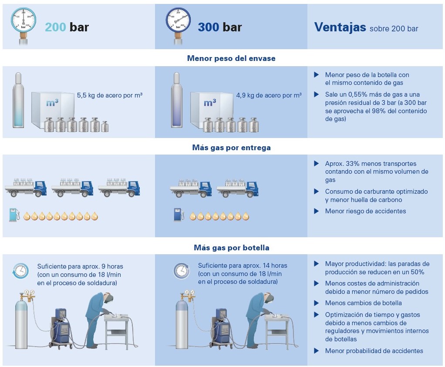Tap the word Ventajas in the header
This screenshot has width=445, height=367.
pyautogui.click(x=340, y=27)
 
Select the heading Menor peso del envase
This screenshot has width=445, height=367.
pyautogui.click(x=231, y=58)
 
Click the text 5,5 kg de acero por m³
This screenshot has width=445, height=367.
pyautogui.click(x=110, y=95)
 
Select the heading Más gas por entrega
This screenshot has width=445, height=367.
pyautogui.click(x=231, y=148)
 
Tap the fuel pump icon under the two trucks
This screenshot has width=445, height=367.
pyautogui.click(x=178, y=215)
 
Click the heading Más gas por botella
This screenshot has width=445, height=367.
pyautogui.click(x=231, y=248)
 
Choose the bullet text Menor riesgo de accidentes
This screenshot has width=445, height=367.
pyautogui.click(x=365, y=211)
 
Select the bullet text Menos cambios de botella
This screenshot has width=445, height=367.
pyautogui.click(x=363, y=303)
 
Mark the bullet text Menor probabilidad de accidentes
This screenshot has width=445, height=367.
pyautogui.click(x=374, y=351)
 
